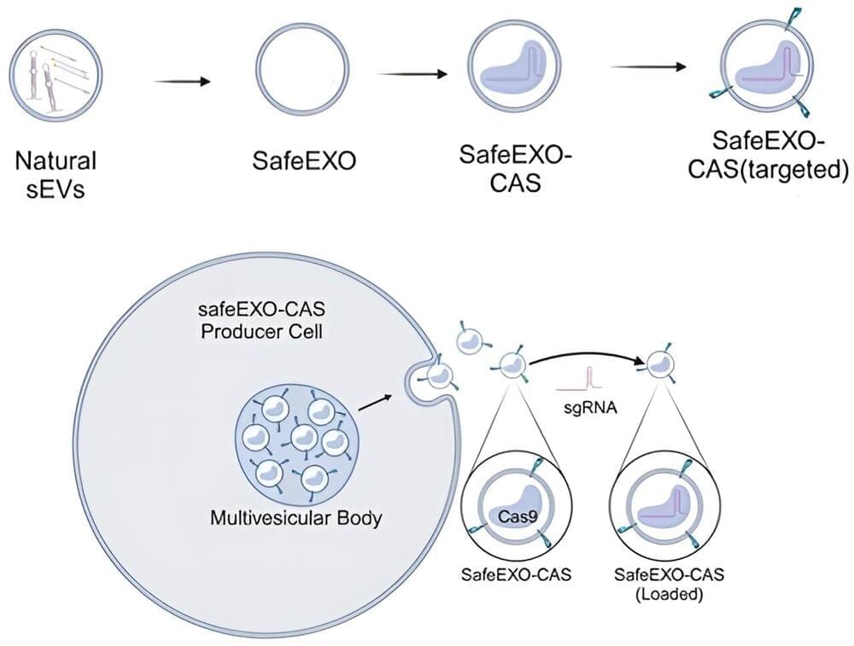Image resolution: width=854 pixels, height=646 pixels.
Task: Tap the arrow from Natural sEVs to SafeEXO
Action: pyautogui.click(x=182, y=81)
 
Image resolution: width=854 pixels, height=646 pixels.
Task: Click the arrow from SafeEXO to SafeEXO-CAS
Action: pyautogui.click(x=413, y=74)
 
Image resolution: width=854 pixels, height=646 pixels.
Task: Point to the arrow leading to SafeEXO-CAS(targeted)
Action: pyautogui.click(x=649, y=67)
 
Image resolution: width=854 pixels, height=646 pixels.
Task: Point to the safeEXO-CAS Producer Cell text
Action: pyautogui.click(x=261, y=318)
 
